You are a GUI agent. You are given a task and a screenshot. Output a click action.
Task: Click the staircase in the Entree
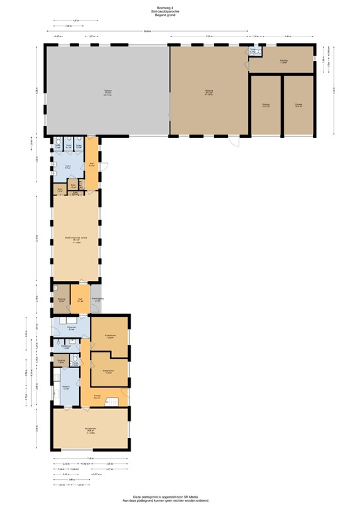(x=112, y=403)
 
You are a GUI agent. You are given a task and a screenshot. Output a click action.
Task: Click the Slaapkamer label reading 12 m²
(x=109, y=337)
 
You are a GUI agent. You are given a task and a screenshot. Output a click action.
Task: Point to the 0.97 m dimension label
(x=97, y=475)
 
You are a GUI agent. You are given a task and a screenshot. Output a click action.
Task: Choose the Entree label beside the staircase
(x=97, y=396)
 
